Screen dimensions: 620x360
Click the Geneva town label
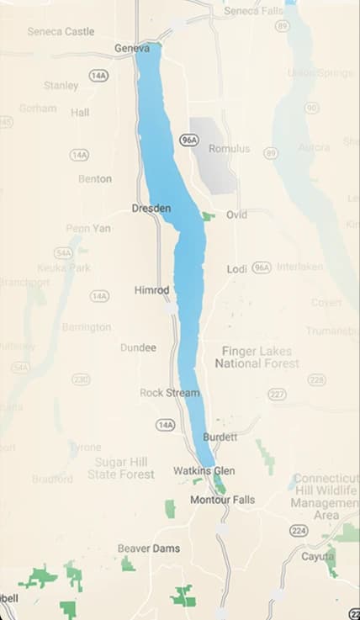[131, 48]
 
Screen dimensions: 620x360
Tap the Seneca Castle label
[61, 31]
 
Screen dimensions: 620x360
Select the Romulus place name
[230, 149]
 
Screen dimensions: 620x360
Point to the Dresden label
[151, 208]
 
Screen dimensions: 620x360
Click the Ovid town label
[236, 215]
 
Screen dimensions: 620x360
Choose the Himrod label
[151, 290]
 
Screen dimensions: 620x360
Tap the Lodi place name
[237, 269]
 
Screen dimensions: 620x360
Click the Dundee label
[138, 347]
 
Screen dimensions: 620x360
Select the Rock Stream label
[170, 393]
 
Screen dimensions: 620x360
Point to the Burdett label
[220, 437]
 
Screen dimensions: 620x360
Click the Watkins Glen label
[204, 470]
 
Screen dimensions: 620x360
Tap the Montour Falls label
[222, 500]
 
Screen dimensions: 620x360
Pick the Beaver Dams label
[148, 548]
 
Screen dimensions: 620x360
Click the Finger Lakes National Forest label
[257, 358]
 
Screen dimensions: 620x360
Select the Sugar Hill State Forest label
[121, 469]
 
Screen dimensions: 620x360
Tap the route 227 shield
[277, 394]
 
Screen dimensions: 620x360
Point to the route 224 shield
[299, 531]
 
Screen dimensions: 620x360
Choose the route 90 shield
[312, 108]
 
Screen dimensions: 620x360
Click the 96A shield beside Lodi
[262, 267]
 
